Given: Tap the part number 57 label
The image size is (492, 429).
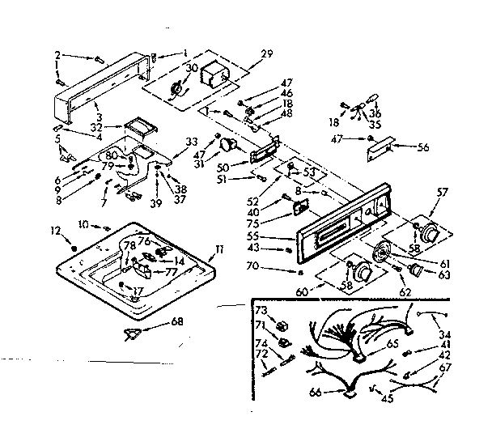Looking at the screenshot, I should pyautogui.click(x=443, y=193).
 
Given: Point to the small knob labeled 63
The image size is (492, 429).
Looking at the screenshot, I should pyautogui.click(x=418, y=270).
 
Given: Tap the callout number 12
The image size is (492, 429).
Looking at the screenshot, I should pyautogui.click(x=56, y=231).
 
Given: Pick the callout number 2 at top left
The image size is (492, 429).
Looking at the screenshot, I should pyautogui.click(x=57, y=56).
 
